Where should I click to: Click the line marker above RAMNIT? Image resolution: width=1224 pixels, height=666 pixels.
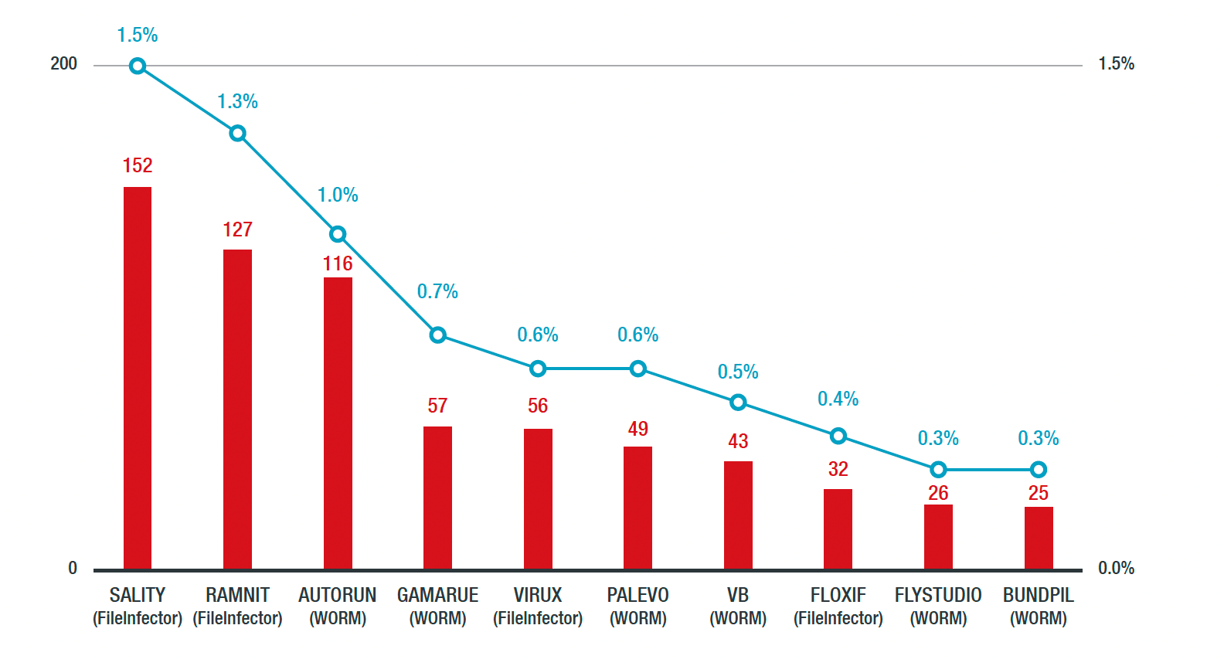pyautogui.click(x=238, y=134)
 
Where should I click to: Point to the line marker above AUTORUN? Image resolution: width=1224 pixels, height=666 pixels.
pyautogui.click(x=338, y=234)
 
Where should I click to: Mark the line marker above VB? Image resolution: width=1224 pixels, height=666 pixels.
pyautogui.click(x=738, y=402)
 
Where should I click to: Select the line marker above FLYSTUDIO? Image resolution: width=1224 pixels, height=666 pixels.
pyautogui.click(x=938, y=470)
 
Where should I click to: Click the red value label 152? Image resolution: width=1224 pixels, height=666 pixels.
pyautogui.click(x=138, y=165)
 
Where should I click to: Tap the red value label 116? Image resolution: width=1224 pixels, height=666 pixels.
pyautogui.click(x=338, y=263)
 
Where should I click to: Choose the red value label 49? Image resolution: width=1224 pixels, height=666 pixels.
pyautogui.click(x=637, y=429)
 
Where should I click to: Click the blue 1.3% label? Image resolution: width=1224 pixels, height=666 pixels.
pyautogui.click(x=237, y=101)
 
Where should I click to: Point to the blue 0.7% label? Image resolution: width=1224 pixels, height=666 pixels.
pyautogui.click(x=437, y=291)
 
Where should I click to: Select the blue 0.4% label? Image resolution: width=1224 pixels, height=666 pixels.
pyautogui.click(x=838, y=399)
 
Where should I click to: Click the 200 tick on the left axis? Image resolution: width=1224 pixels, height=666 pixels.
pyautogui.click(x=63, y=63)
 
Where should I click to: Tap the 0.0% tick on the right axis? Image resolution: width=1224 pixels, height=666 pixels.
pyautogui.click(x=1116, y=568)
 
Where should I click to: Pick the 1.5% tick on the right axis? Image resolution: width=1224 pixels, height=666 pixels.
pyautogui.click(x=1116, y=63)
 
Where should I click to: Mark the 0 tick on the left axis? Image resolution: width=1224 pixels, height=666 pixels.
pyautogui.click(x=73, y=568)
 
